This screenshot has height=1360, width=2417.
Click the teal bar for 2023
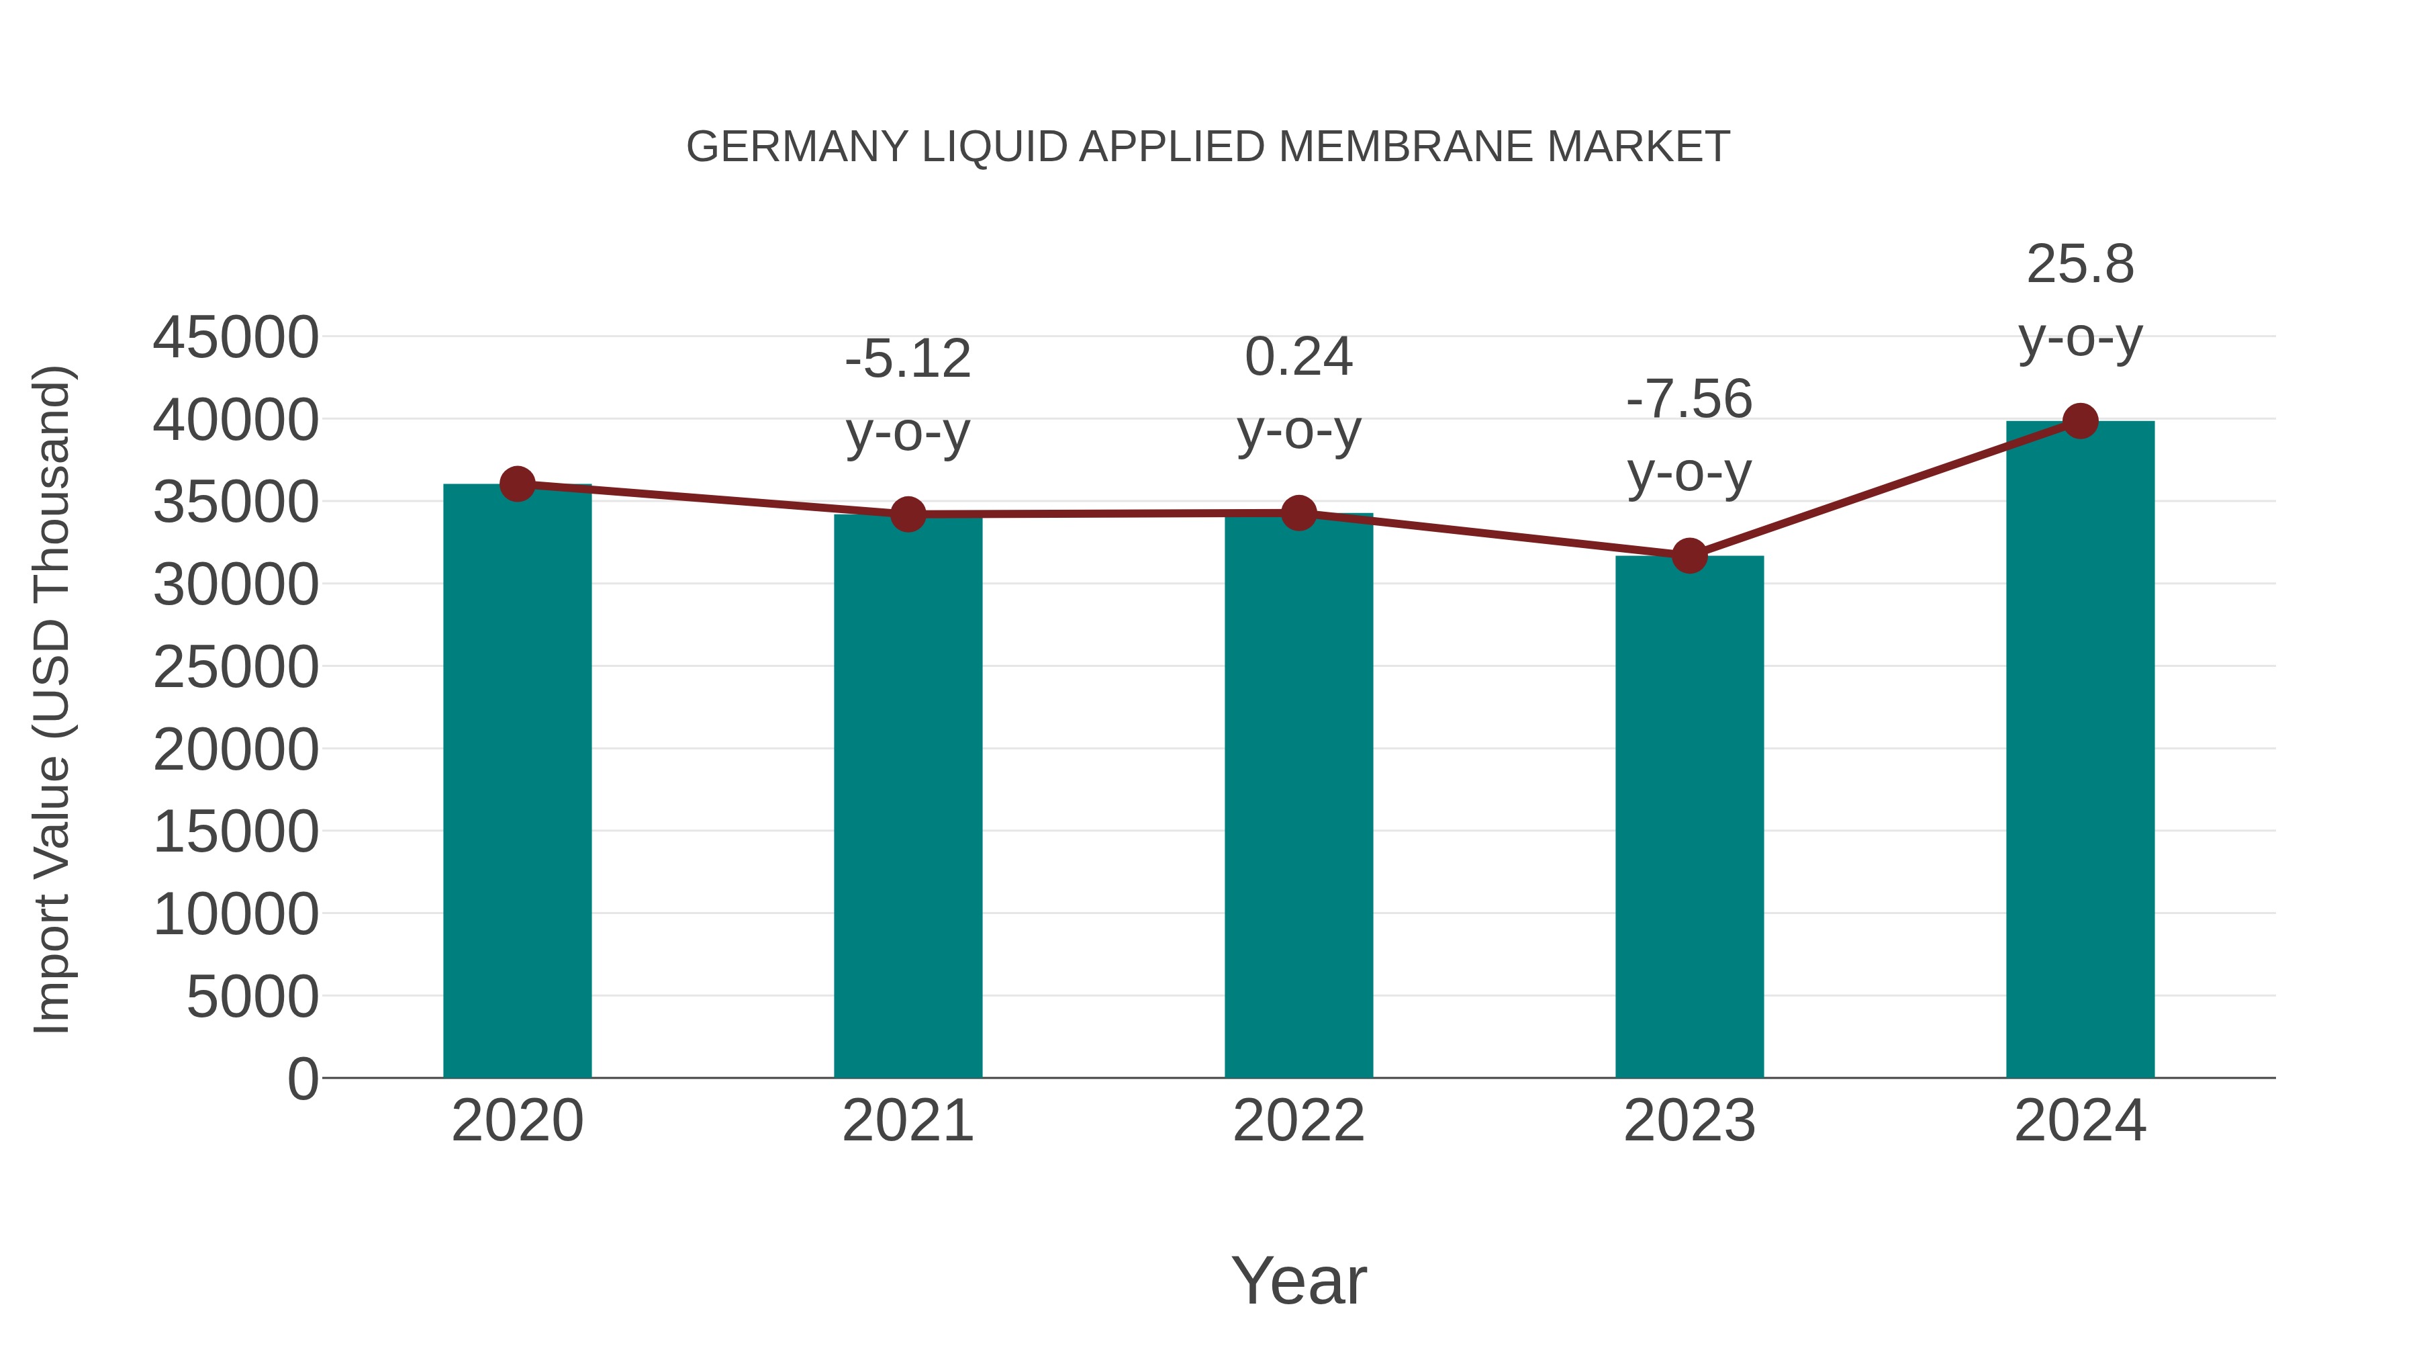(1689, 817)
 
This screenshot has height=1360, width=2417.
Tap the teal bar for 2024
(2080, 751)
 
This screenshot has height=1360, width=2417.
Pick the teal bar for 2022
(1298, 798)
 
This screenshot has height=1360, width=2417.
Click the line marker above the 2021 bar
(907, 514)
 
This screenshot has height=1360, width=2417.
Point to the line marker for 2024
(2080, 421)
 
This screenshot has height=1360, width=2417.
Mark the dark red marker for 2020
(517, 484)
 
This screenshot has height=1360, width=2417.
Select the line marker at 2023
(1689, 557)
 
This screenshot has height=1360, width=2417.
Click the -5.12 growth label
(907, 359)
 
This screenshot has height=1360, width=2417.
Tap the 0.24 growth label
(1298, 357)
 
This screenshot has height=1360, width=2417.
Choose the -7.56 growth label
(1689, 400)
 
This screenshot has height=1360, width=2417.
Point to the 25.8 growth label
(2080, 265)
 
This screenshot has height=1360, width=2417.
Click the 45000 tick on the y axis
(236, 337)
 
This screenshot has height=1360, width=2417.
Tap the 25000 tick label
(236, 668)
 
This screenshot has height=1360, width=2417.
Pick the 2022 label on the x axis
(1298, 1121)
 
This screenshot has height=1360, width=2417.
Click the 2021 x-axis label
(907, 1121)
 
